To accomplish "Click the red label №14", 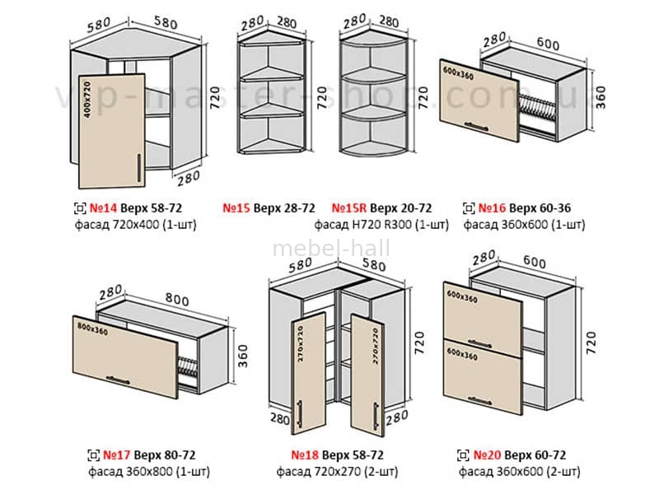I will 103,208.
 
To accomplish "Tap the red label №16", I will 493,208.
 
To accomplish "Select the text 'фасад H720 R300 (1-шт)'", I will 381,223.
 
